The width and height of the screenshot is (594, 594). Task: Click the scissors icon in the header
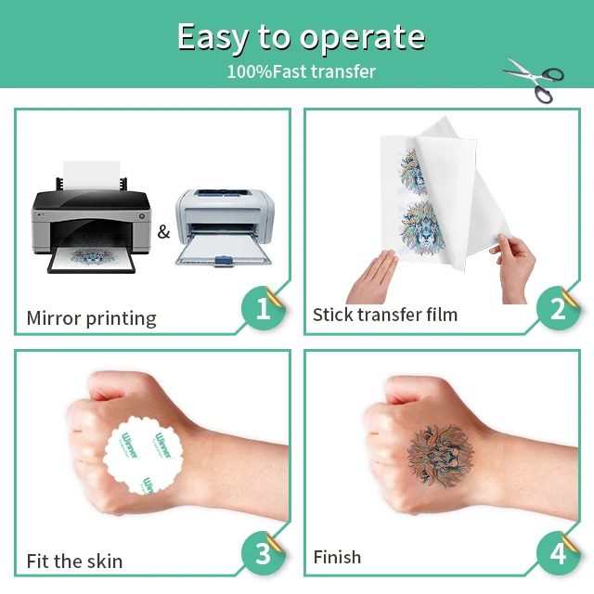534,79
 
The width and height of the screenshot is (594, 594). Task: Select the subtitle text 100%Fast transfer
302,71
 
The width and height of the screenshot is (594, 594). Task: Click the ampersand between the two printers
163,231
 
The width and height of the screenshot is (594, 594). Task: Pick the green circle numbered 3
264,554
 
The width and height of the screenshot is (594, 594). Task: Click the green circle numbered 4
558,554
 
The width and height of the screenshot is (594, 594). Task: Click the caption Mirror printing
91,318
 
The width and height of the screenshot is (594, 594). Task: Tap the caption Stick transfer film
384,315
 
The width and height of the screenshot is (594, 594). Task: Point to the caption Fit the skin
74,561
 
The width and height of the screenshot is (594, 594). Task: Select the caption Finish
337,557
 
